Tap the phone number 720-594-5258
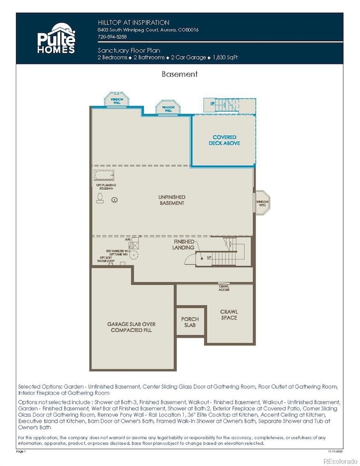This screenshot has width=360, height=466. coord(111,37)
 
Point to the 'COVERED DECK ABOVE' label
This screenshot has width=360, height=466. coord(224,141)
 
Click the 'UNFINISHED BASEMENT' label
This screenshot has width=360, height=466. coord(172,200)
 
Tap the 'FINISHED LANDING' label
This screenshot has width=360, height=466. coord(184,245)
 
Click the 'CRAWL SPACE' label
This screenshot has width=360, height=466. coord(229,314)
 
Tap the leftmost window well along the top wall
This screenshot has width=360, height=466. coord(116,100)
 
